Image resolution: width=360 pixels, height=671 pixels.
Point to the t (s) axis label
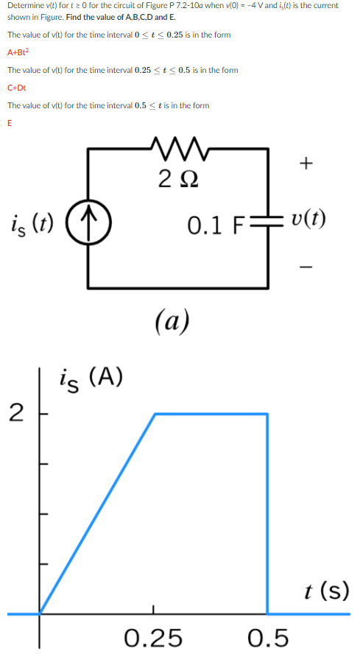(x=325, y=591)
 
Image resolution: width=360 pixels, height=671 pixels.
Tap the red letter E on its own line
(x=10, y=123)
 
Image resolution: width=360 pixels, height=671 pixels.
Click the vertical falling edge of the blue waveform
(x=267, y=516)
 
